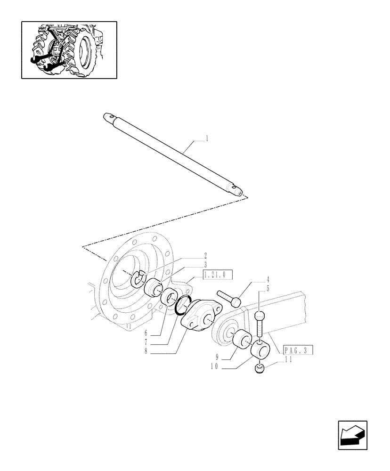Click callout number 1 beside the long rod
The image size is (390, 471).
click(x=208, y=139)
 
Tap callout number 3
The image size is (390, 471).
click(x=205, y=265)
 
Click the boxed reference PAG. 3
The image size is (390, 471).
click(x=298, y=350)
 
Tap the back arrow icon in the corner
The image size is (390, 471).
click(x=352, y=435)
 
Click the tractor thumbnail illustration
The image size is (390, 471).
click(x=69, y=49)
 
